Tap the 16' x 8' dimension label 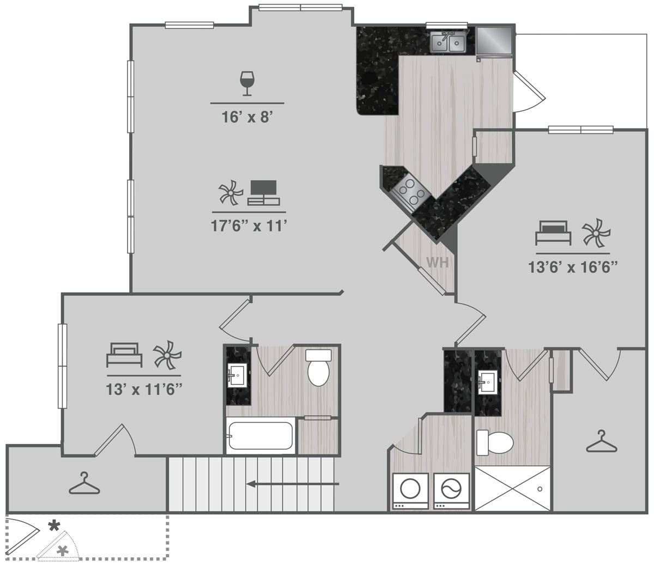(x=247, y=117)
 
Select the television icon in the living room (x=263, y=192)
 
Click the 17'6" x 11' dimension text (x=249, y=226)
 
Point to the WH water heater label (x=437, y=263)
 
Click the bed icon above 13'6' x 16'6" (x=552, y=233)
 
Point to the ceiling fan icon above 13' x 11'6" (x=166, y=355)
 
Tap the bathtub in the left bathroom (x=261, y=436)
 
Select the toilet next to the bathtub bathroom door (x=319, y=369)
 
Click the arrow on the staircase (x=292, y=483)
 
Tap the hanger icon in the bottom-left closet (x=84, y=484)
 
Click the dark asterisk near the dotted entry (x=54, y=526)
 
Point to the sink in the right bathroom (x=487, y=379)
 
